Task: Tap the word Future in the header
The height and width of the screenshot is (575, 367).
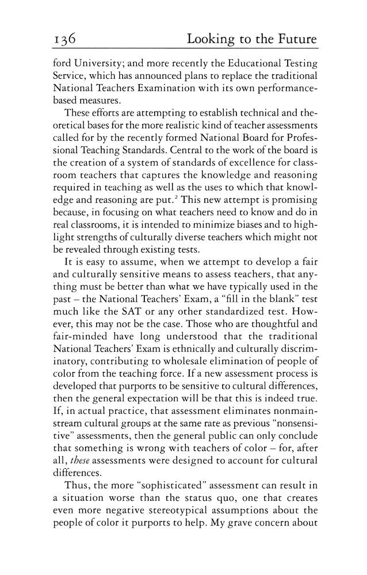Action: pos(293,40)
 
